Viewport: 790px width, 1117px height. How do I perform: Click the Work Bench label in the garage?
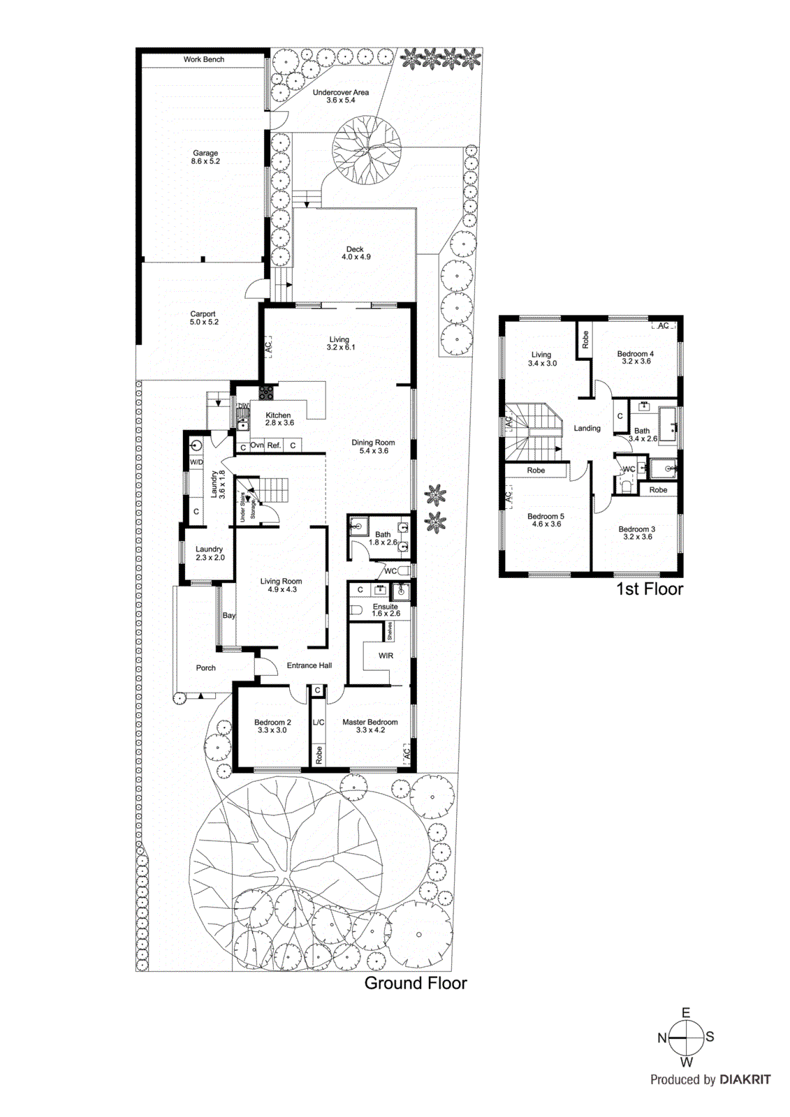pos(204,59)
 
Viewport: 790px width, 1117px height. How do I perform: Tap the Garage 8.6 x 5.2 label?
pos(205,157)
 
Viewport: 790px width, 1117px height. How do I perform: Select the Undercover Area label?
pos(341,96)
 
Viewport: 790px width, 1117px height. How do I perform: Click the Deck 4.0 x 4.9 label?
pos(356,253)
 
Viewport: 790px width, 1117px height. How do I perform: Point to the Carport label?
pos(203,318)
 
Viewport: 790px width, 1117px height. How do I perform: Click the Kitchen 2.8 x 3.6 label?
pos(279,419)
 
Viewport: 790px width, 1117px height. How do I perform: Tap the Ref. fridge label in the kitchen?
pos(274,445)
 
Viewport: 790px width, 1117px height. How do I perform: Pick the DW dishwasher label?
pos(243,406)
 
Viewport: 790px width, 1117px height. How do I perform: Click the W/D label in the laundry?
pos(196,463)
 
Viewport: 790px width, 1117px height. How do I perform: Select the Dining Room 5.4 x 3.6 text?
pos(373,447)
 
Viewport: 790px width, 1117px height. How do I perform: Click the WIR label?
pos(386,656)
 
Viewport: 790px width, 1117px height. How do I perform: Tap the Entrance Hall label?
pos(309,666)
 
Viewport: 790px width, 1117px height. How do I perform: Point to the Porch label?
pos(205,668)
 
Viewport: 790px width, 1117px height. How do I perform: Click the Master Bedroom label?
pos(370,726)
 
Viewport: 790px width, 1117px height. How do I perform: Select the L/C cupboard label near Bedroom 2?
pos(319,723)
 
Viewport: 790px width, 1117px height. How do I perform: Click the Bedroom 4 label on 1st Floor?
pos(636,357)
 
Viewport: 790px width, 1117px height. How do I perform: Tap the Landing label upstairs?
pos(587,429)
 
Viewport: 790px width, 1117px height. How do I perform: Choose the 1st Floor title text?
pos(650,589)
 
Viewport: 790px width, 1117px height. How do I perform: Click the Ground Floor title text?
pos(416,984)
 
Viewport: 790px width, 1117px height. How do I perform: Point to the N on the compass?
pos(661,1038)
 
